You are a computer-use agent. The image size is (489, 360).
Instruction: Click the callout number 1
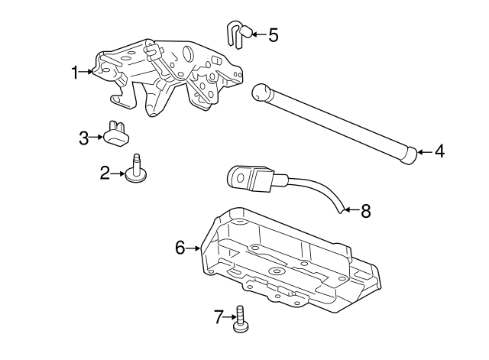pyautogui.click(x=76, y=73)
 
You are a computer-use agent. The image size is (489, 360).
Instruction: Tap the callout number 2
pyautogui.click(x=105, y=174)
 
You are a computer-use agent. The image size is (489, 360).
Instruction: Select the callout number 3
pyautogui.click(x=84, y=138)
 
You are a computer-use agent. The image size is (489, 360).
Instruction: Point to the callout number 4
pyautogui.click(x=439, y=151)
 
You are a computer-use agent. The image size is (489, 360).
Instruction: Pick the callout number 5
pyautogui.click(x=274, y=34)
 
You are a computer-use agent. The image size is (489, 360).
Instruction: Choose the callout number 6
pyautogui.click(x=180, y=248)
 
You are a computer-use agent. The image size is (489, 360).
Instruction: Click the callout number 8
pyautogui.click(x=365, y=211)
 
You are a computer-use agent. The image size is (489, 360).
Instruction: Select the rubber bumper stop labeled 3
pyautogui.click(x=117, y=134)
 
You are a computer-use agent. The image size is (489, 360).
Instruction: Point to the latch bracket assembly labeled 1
pyautogui.click(x=168, y=76)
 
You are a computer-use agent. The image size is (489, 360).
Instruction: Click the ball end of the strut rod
pyautogui.click(x=262, y=93)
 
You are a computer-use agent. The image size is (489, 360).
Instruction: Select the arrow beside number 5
pyautogui.click(x=256, y=34)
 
